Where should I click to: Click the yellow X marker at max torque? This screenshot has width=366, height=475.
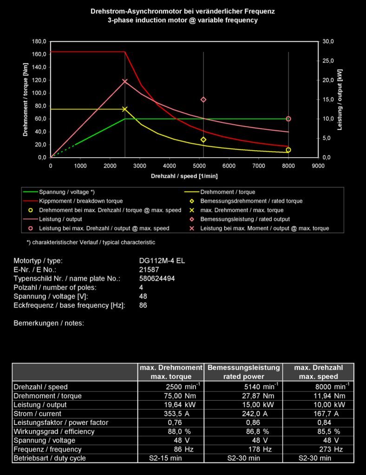(x=124, y=109)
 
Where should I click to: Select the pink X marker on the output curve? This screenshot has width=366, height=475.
(x=124, y=82)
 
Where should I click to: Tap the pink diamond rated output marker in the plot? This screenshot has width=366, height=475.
(x=203, y=100)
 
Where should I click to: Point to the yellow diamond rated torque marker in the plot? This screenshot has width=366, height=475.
(x=203, y=140)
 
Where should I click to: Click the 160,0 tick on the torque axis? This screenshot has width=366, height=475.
(x=39, y=54)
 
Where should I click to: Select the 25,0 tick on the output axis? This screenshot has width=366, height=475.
(x=328, y=61)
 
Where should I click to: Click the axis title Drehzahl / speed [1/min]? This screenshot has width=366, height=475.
(x=184, y=176)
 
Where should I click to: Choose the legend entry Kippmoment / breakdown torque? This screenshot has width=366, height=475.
(x=81, y=201)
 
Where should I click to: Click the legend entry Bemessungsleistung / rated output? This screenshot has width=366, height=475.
(x=245, y=219)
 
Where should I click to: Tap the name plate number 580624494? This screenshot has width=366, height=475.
(x=157, y=278)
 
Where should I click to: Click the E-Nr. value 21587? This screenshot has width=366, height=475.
(x=149, y=270)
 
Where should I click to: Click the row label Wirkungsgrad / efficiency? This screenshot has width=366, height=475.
(x=54, y=431)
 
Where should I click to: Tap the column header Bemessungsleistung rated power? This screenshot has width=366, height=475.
(x=243, y=372)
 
